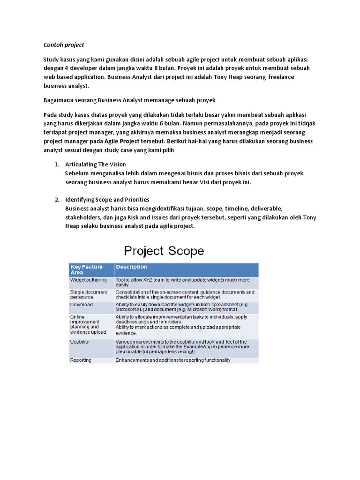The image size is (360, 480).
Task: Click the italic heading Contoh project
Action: [x=63, y=45]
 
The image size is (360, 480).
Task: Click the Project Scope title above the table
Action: [x=164, y=251]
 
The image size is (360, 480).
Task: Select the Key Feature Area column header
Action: [x=86, y=270]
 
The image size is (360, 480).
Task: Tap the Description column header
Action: [x=131, y=267]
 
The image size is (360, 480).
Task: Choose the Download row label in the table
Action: [x=82, y=305]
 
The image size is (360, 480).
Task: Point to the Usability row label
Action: [x=80, y=342]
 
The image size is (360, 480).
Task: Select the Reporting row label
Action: [x=81, y=360]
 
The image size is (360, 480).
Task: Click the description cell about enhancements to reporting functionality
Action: [x=173, y=360]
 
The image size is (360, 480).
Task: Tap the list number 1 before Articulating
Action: [x=56, y=165]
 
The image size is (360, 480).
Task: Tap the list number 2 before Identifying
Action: [x=56, y=200]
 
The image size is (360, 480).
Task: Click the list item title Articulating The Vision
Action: [x=96, y=165]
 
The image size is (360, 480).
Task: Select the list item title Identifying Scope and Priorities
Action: [x=107, y=200]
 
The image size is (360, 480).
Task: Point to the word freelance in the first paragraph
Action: [x=275, y=77]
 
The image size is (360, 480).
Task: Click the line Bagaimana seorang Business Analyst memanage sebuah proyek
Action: [x=129, y=101]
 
